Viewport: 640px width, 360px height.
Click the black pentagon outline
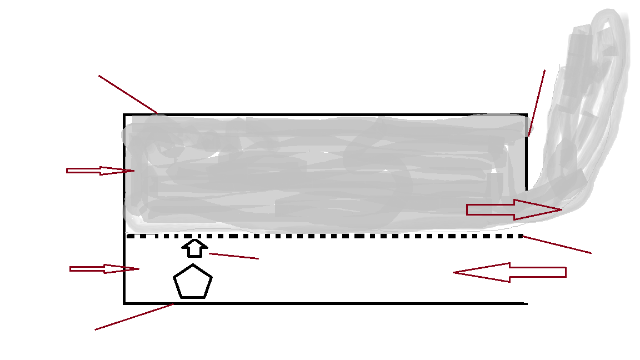click(x=193, y=282)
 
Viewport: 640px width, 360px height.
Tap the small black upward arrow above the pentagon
click(x=194, y=248)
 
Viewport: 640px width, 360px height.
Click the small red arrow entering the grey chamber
click(x=100, y=171)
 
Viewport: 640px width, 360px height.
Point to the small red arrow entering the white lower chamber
click(x=104, y=269)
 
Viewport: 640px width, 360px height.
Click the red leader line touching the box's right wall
click(x=537, y=103)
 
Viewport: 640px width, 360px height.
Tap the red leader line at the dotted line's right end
click(x=557, y=245)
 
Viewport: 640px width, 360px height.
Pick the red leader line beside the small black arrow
click(x=234, y=256)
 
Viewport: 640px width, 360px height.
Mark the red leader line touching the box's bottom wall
click(x=134, y=317)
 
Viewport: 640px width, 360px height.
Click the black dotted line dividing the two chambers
click(x=325, y=236)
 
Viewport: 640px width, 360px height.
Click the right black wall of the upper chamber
click(x=526, y=167)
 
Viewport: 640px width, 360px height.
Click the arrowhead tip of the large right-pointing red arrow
click(x=562, y=209)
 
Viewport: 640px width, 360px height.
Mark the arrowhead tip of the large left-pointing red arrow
click(x=454, y=272)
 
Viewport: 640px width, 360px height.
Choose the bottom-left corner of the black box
click(x=124, y=303)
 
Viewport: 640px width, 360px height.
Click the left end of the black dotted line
click(x=129, y=236)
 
